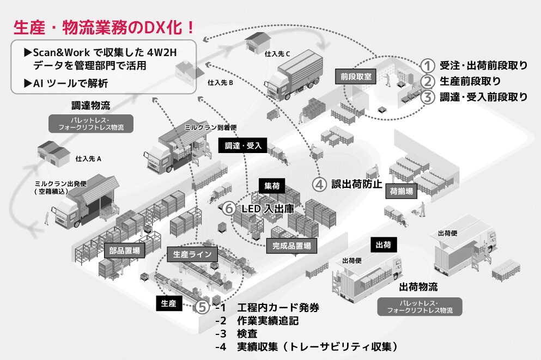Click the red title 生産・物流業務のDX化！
pos(104,28)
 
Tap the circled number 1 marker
pos(429,66)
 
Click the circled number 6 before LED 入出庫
pos(230,208)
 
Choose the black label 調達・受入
pos(244,145)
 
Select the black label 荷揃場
pos(401,191)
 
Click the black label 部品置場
pos(124,251)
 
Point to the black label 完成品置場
pos(291,246)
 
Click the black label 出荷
pos(382,245)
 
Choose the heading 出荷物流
pos(418,286)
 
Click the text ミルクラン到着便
pos(204,126)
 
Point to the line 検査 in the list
pos(247,333)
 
